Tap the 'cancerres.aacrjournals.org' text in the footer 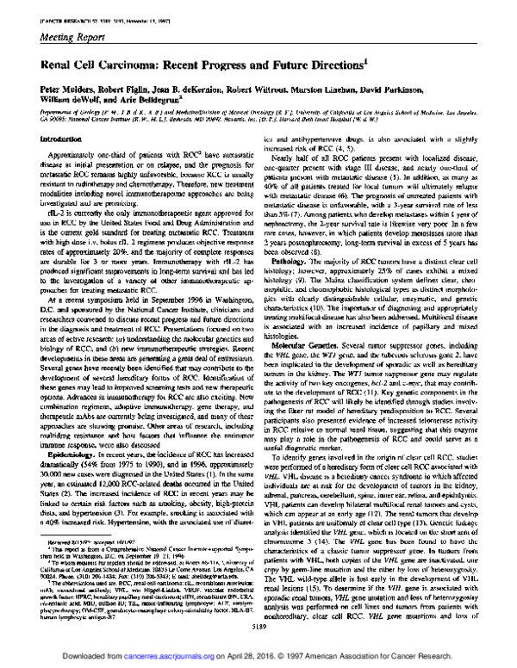point(177,656)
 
